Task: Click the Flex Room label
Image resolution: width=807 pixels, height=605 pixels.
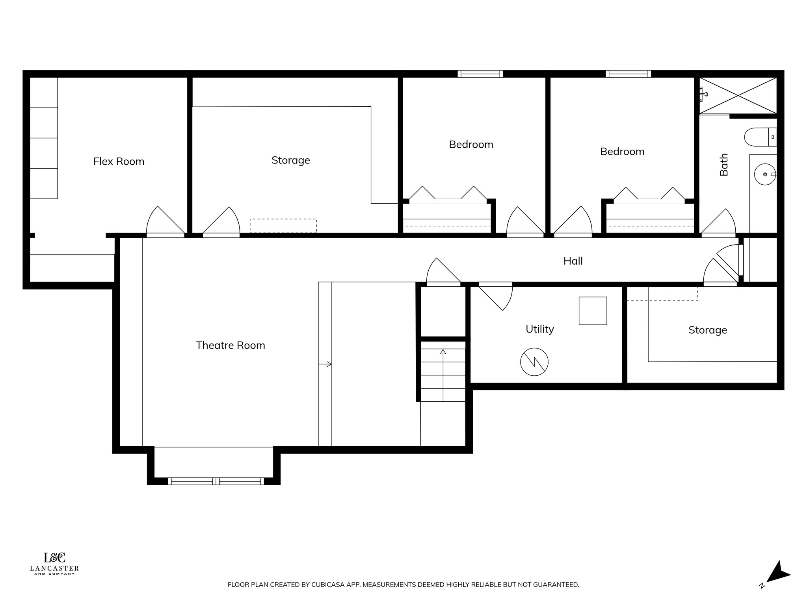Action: coord(119,161)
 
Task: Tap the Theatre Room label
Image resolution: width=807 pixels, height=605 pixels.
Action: coord(230,345)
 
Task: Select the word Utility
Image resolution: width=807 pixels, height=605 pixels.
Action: coord(539,329)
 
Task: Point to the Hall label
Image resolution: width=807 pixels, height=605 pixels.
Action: coord(573,261)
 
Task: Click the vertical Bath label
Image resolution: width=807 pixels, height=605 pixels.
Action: coord(724,165)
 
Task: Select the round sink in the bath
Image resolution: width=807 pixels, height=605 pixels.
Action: coord(764,174)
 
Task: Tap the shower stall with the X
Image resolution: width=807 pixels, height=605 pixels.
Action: coord(738,95)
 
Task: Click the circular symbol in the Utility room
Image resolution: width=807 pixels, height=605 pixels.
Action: coord(534,362)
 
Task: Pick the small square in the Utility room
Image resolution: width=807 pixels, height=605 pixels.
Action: coord(592,311)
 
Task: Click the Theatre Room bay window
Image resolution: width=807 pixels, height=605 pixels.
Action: coord(216,481)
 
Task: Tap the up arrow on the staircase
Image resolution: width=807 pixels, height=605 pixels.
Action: coord(443,352)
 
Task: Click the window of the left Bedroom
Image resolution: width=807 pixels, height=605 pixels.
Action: coord(480,74)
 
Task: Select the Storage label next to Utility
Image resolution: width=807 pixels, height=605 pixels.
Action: coord(707,330)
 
